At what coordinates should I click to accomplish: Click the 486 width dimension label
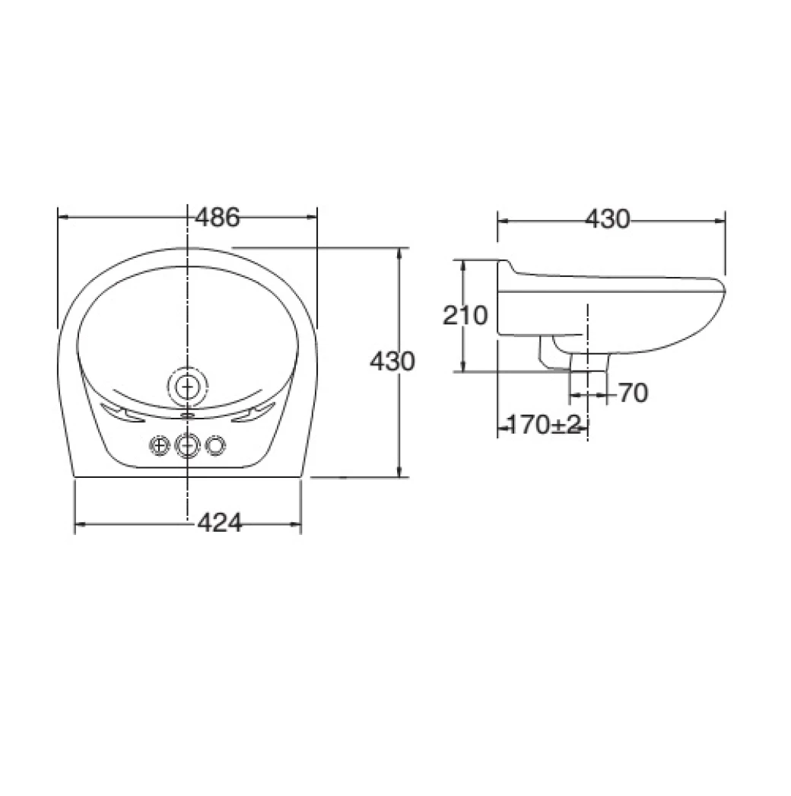(218, 218)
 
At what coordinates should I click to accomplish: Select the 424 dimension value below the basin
(219, 524)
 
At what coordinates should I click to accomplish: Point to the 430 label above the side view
(608, 219)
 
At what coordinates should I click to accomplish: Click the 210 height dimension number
(465, 315)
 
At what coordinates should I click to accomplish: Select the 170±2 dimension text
(542, 425)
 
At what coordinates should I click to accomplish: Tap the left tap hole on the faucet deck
(159, 444)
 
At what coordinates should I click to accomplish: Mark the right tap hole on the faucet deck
(216, 444)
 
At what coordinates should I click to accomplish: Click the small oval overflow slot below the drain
(187, 416)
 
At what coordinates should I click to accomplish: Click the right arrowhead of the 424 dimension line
(297, 524)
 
